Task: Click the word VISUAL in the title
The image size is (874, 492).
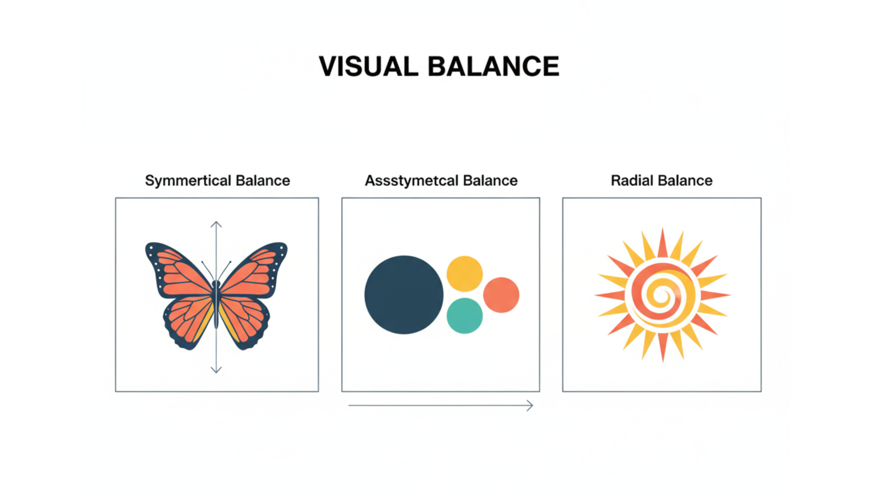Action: pos(368,67)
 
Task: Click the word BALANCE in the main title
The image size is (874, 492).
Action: pos(493,67)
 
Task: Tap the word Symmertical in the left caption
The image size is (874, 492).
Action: pos(188,181)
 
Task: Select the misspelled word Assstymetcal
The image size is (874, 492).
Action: pos(412,181)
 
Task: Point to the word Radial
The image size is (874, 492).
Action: pos(632,180)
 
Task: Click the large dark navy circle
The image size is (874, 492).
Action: pos(404,295)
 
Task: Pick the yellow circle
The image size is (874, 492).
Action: pos(464,274)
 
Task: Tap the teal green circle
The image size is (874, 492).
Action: pos(464,316)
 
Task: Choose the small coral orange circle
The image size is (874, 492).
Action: pos(501,295)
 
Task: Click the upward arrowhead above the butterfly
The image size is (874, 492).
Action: pos(216,224)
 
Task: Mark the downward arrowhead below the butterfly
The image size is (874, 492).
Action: pos(216,370)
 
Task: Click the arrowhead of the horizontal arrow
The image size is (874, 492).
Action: pos(530,405)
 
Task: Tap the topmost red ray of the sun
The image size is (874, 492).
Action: pos(662,244)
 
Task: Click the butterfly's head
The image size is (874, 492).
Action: pos(216,284)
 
